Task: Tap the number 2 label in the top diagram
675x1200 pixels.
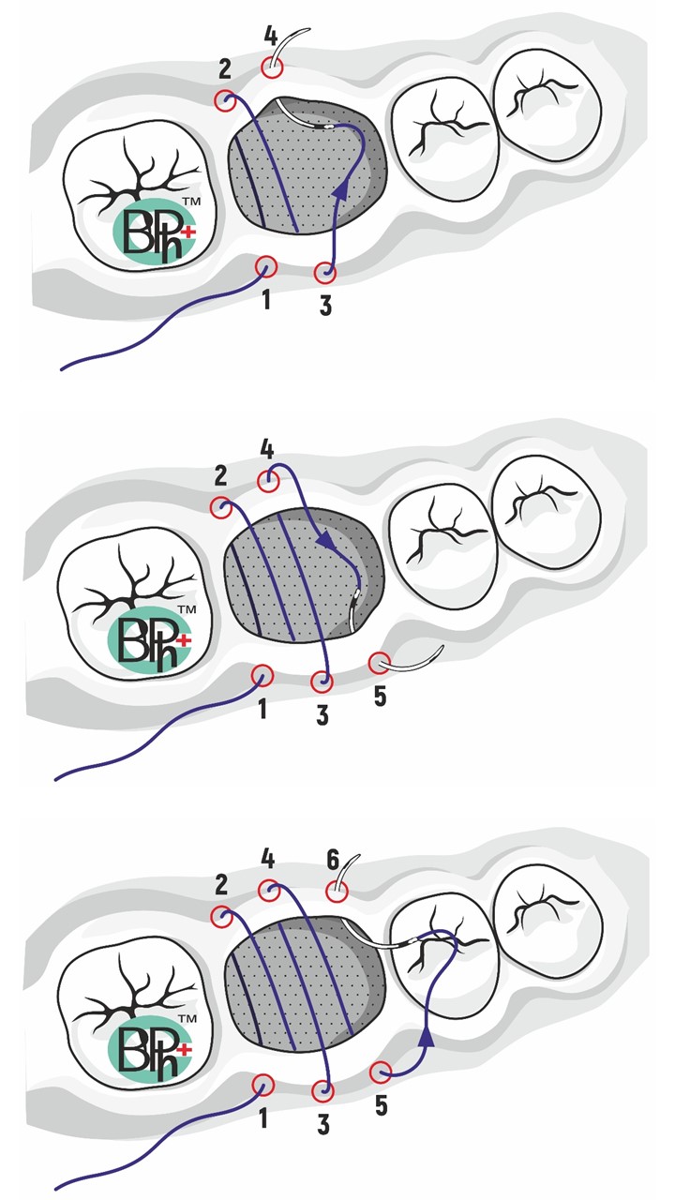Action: coord(225,69)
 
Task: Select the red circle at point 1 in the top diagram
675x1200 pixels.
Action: coord(265,266)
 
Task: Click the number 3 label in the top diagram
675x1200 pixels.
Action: coord(325,306)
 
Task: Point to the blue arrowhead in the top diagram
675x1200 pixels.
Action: coord(340,191)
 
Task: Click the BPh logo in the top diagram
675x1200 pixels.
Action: coord(154,232)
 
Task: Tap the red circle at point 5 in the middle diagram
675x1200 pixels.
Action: coord(380,663)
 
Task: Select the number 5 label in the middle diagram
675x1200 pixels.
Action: coord(380,697)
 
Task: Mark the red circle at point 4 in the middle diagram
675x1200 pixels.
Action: coord(269,481)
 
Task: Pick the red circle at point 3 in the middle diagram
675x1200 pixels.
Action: coord(322,682)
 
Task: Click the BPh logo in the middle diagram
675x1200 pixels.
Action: coord(149,639)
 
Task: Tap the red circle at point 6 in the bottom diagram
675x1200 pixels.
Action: coord(337,892)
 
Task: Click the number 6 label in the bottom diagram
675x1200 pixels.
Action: coord(333,861)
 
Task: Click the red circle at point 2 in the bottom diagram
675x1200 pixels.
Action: coord(222,917)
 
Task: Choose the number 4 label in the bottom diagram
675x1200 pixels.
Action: coord(268,860)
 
